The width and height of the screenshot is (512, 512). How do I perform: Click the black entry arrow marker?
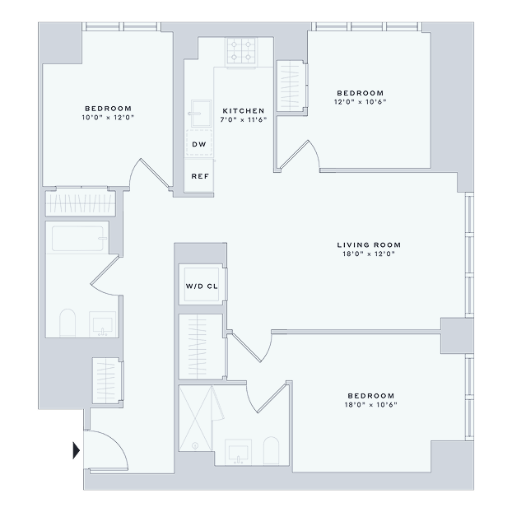tap(76, 450)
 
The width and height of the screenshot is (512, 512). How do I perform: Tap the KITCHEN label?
tap(244, 111)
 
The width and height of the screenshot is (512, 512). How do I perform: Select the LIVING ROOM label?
tap(369, 245)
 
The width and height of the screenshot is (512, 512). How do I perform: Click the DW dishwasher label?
tap(199, 144)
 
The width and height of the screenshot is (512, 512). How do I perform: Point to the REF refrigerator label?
tap(200, 176)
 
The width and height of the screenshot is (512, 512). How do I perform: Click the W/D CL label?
tap(202, 286)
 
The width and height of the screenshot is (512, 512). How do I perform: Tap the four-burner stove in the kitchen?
tap(241, 52)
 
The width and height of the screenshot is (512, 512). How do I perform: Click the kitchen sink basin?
tap(201, 114)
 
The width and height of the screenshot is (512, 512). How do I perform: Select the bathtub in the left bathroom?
tap(77, 239)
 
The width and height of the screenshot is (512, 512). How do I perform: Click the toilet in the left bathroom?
tap(67, 323)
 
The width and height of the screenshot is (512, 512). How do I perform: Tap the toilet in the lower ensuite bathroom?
tap(271, 450)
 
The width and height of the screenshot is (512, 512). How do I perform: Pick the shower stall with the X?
tap(195, 418)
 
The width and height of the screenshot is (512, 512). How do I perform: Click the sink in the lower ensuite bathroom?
tap(238, 452)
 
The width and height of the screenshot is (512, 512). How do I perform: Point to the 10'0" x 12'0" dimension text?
tap(108, 118)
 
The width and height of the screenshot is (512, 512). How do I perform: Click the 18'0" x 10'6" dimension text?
tap(371, 405)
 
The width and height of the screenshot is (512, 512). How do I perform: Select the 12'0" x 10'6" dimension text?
tap(361, 102)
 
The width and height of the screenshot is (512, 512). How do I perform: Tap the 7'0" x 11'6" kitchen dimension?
tap(244, 120)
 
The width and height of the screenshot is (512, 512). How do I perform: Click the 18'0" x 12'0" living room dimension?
tap(369, 254)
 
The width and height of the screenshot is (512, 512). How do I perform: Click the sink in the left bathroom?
tap(103, 324)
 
